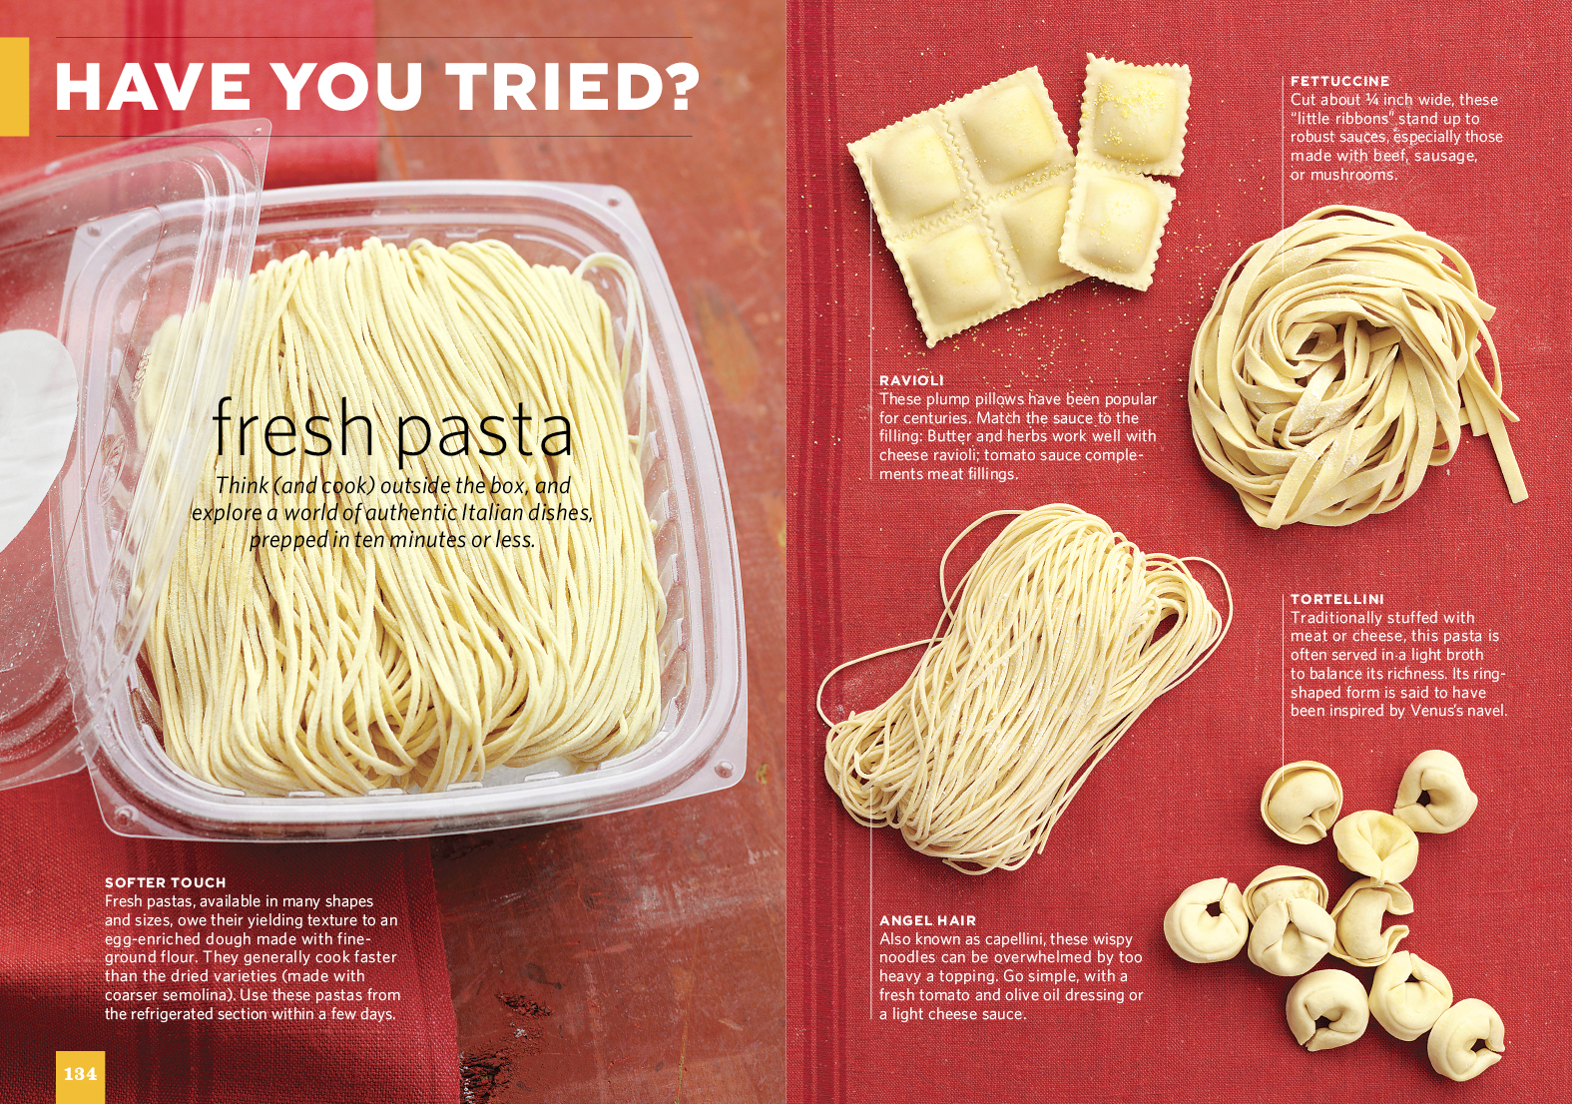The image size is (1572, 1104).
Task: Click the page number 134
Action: click(x=80, y=1074)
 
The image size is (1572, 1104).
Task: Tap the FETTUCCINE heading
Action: click(x=1339, y=82)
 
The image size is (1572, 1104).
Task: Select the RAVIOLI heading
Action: click(x=911, y=380)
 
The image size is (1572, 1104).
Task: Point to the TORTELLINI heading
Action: click(x=1336, y=599)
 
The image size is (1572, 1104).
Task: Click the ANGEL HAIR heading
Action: click(x=928, y=920)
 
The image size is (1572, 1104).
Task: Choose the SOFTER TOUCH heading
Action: click(x=166, y=882)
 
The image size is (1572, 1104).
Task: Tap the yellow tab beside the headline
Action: click(x=14, y=86)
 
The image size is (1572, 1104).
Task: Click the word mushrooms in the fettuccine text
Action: click(x=1355, y=175)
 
